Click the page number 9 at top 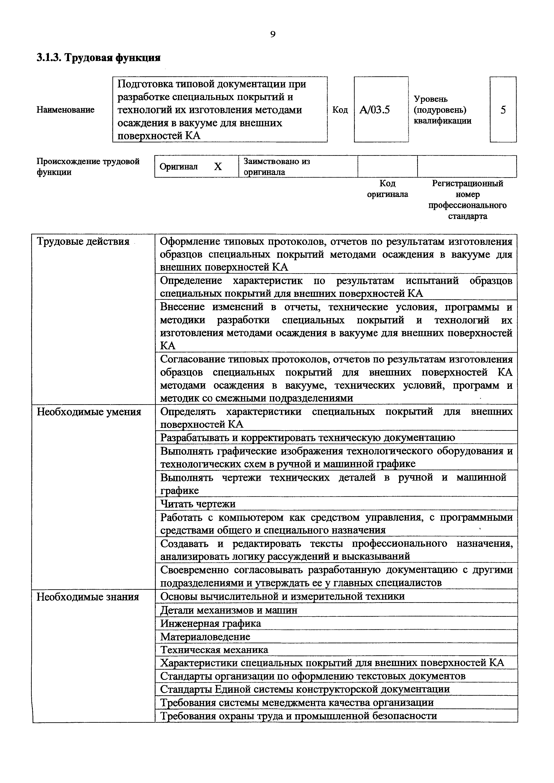(272, 34)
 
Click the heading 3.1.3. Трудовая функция (98, 58)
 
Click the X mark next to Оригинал (218, 167)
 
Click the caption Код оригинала (388, 189)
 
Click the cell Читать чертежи (198, 504)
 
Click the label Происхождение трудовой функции (88, 167)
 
